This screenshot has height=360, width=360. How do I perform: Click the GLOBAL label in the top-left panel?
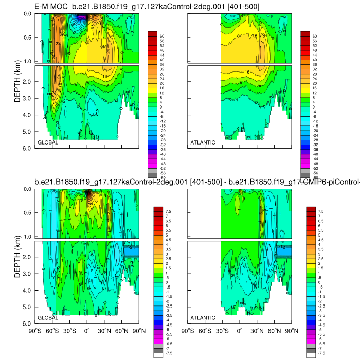tap(48, 142)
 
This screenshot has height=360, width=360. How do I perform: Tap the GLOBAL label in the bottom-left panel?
tap(48, 318)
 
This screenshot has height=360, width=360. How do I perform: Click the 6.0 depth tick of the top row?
tap(27, 148)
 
